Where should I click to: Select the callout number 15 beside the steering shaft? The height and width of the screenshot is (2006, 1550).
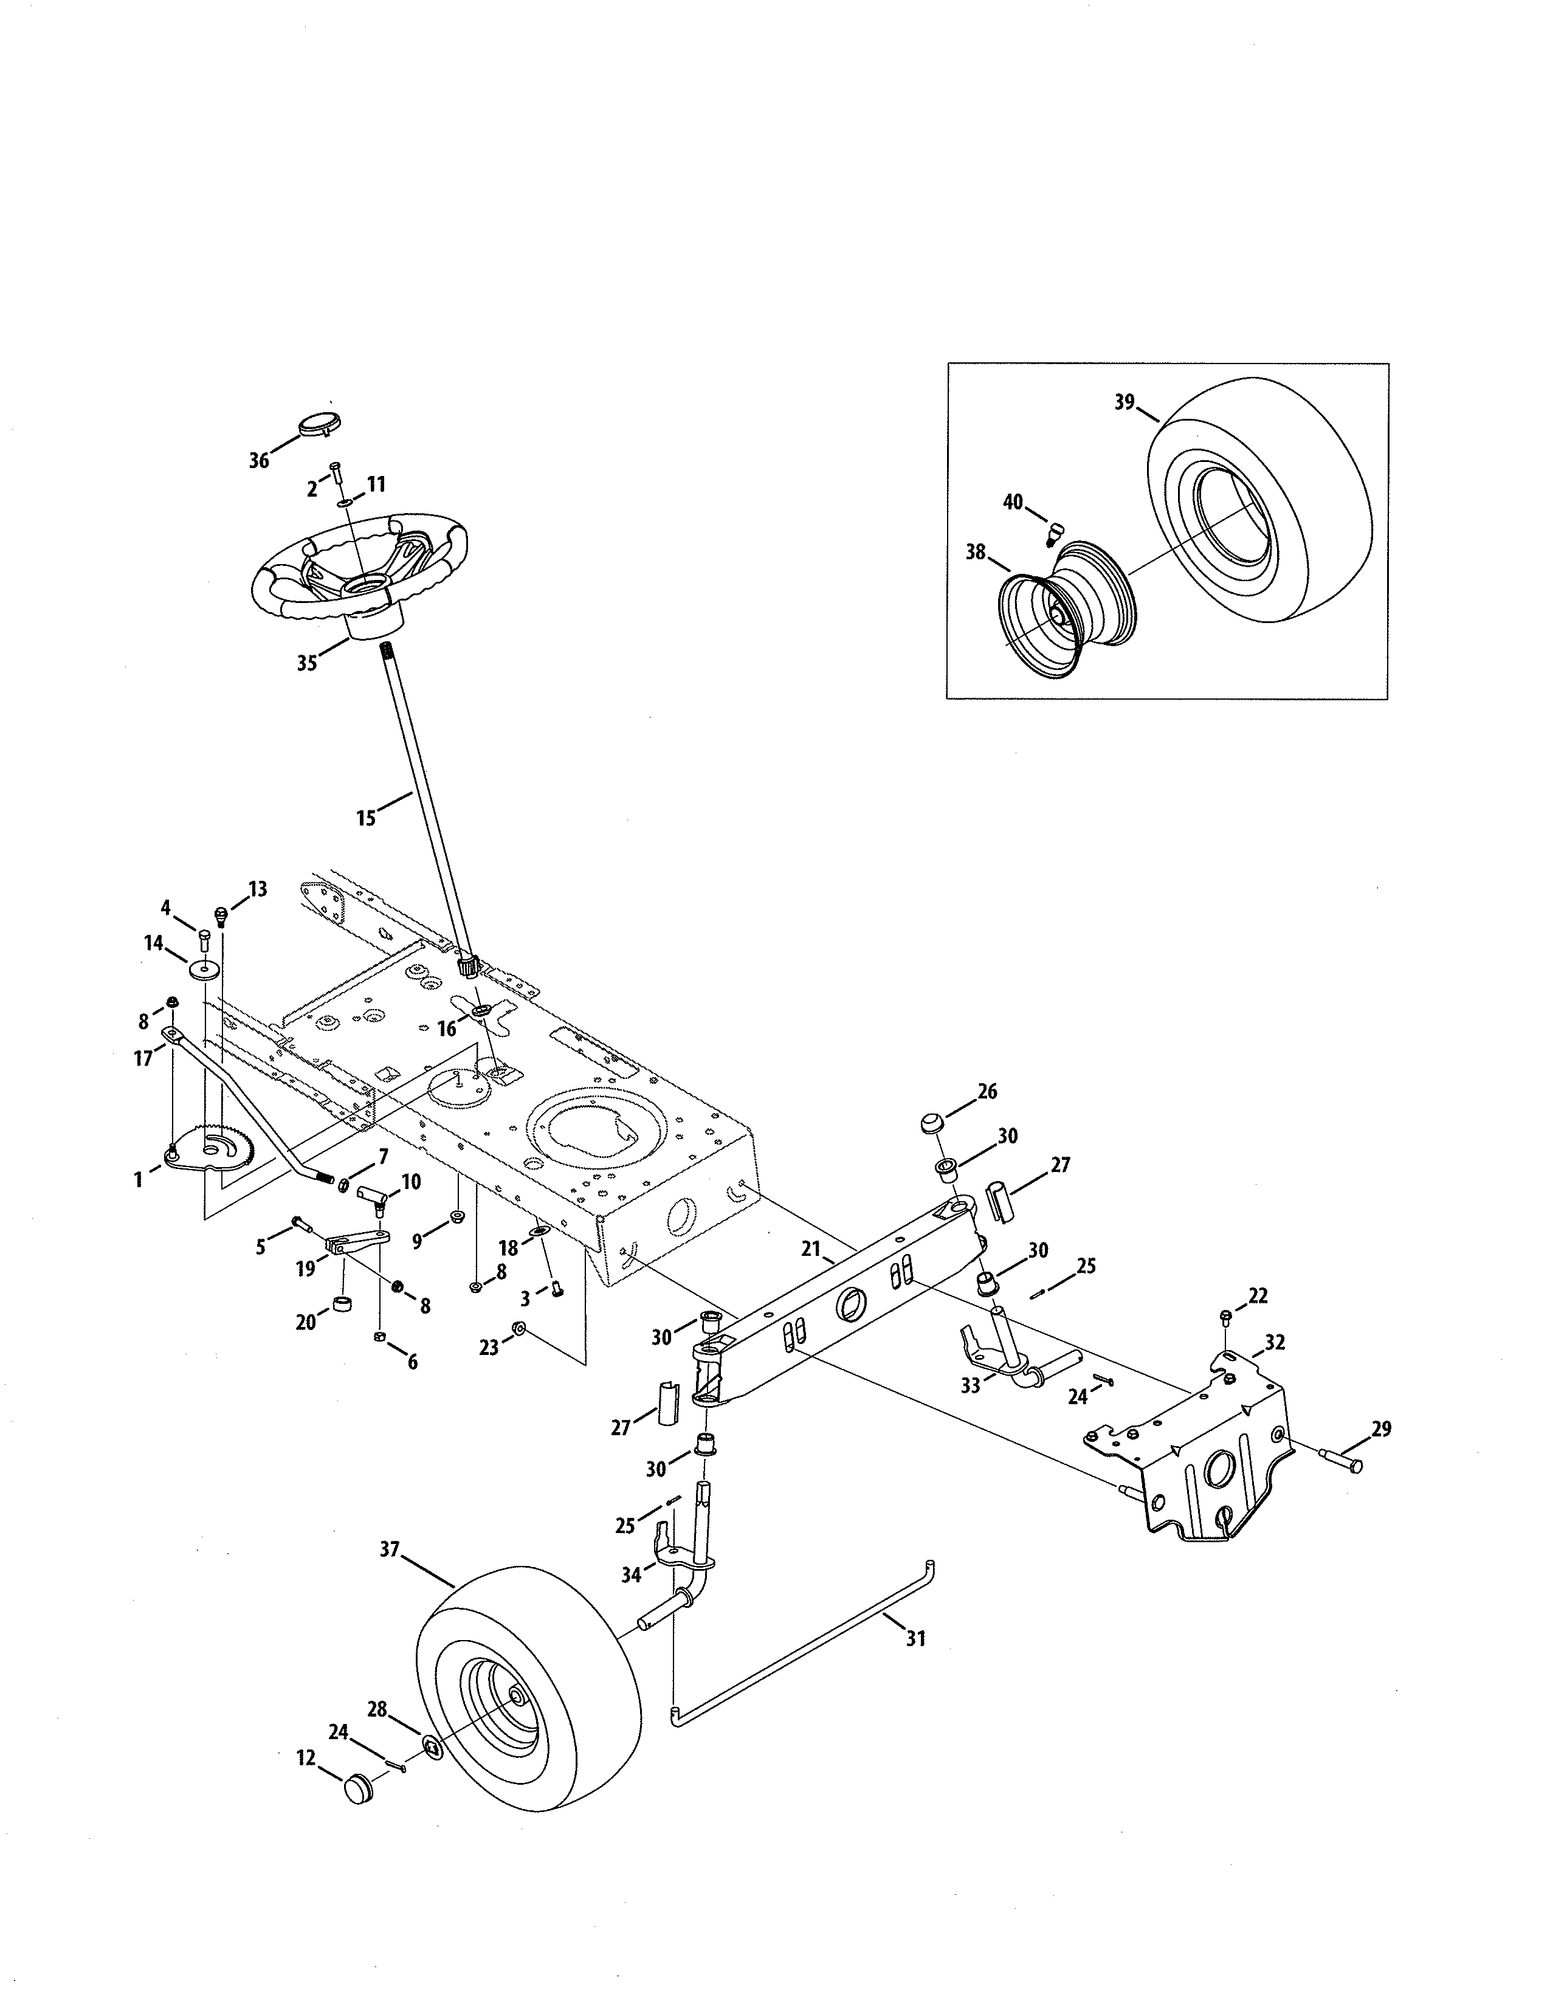(367, 818)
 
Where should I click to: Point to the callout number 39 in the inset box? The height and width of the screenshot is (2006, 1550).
(1125, 402)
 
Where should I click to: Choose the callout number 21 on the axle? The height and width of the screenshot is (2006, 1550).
(809, 1249)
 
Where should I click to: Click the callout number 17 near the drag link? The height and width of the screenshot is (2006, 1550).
(143, 1059)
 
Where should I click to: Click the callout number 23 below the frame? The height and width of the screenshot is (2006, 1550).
(489, 1348)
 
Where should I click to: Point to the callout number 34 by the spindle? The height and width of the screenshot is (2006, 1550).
(631, 1575)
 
